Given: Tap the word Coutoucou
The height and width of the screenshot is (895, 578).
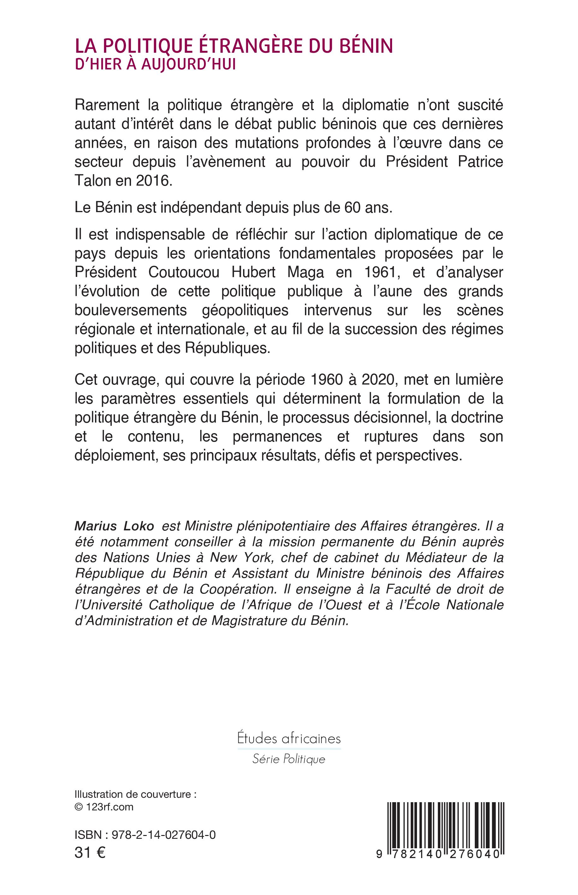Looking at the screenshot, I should pos(184,272).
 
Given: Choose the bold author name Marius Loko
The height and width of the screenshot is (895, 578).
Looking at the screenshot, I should pos(115,526).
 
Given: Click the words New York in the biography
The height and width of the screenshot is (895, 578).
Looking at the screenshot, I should pos(240,558).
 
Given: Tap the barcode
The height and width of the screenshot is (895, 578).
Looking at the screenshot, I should pos(445,824).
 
